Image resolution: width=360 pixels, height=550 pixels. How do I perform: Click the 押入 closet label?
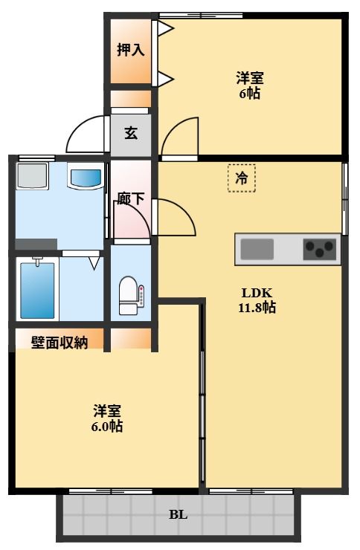(x=130, y=51)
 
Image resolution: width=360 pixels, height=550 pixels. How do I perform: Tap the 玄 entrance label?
(x=131, y=134)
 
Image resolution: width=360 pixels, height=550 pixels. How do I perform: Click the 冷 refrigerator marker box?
(x=241, y=178)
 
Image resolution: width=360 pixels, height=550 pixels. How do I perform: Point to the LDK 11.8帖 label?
(x=257, y=300)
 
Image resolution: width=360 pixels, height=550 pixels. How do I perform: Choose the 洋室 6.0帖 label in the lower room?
(x=108, y=418)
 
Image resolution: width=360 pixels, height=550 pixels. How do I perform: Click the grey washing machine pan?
(x=32, y=177)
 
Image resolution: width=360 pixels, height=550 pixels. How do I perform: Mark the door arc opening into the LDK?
(x=176, y=219)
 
